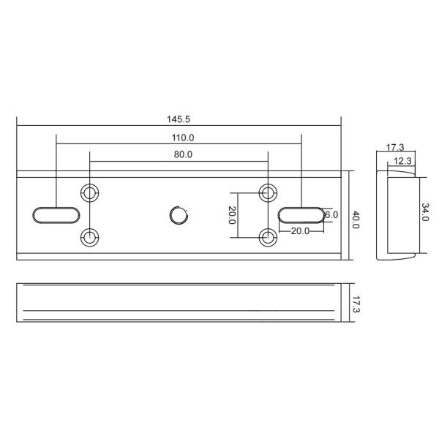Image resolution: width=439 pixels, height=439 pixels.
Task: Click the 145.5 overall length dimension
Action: coord(179,118)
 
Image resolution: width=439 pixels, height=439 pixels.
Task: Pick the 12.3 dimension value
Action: coord(401,160)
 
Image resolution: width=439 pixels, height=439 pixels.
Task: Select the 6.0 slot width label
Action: coord(331,214)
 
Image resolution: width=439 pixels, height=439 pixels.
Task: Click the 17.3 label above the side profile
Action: coord(395,147)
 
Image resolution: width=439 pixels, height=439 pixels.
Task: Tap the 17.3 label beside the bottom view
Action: coord(356,304)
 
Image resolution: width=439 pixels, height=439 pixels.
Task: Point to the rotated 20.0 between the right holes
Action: coord(232,215)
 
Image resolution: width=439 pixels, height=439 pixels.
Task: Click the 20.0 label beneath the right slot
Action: coord(300,230)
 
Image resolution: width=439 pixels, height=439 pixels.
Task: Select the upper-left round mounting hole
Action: coord(89,192)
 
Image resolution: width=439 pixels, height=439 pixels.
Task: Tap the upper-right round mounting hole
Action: coord(269,192)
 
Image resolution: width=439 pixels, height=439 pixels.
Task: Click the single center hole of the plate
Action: coord(179,215)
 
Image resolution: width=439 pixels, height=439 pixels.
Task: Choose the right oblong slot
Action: coord(301,214)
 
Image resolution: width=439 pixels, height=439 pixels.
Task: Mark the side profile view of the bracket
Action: coord(395,216)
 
